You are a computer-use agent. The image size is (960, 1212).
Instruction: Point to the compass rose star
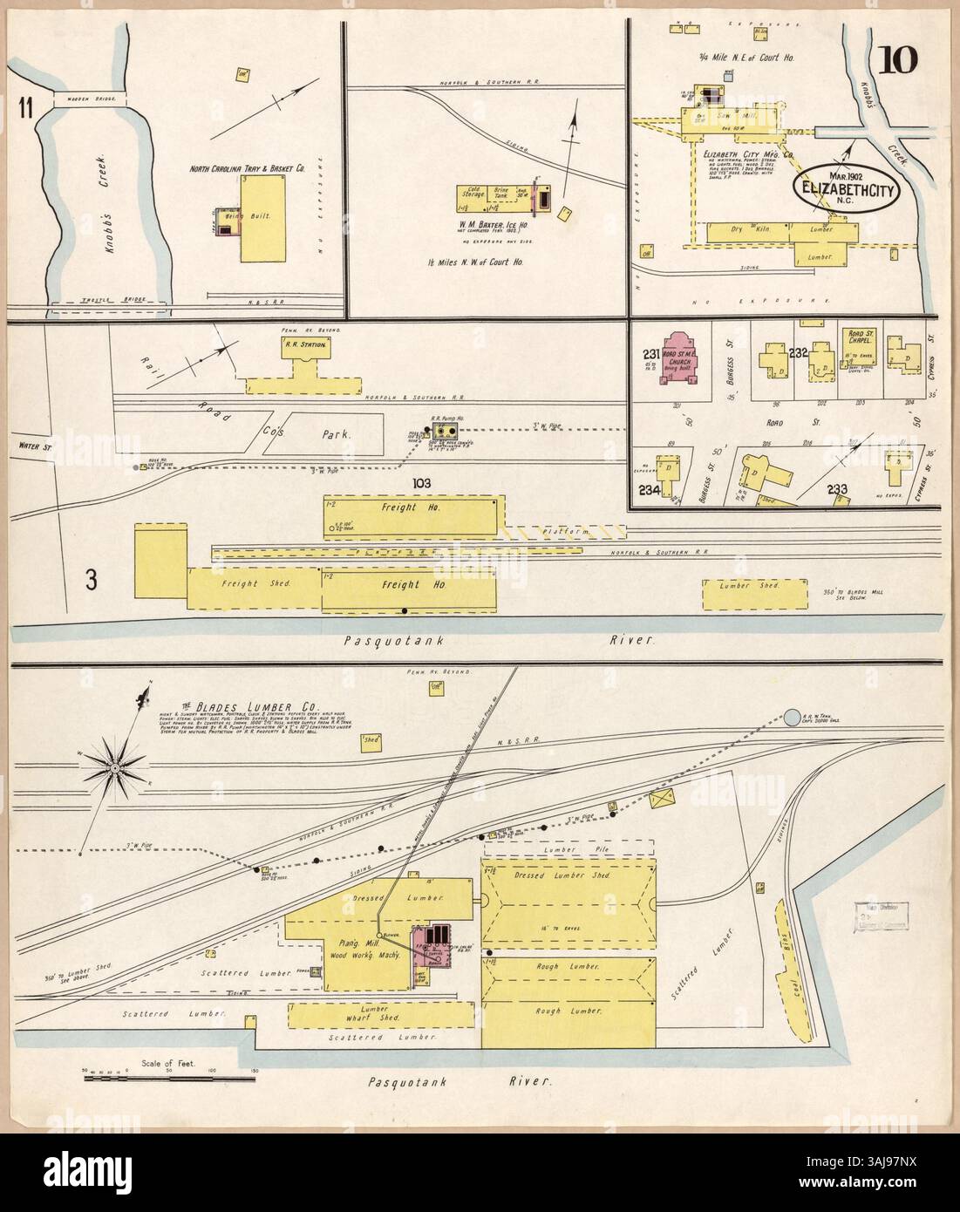(x=114, y=766)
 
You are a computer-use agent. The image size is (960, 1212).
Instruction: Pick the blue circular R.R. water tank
(x=792, y=718)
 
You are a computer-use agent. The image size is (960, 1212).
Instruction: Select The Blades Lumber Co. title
(x=256, y=705)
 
